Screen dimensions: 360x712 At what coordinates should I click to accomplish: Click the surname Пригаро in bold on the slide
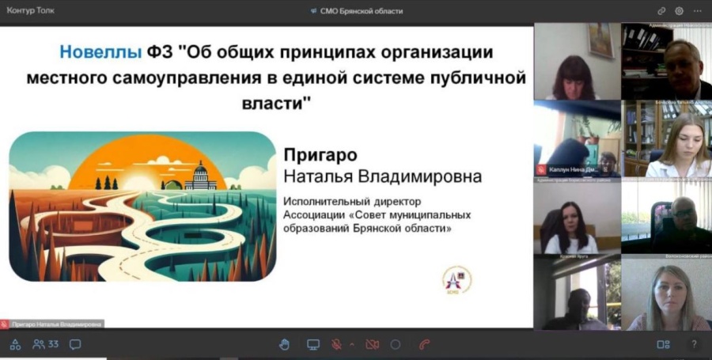coord(320,154)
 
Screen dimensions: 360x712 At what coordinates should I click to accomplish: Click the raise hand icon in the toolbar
coord(285,344)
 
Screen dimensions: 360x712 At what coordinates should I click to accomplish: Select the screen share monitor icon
coord(313,344)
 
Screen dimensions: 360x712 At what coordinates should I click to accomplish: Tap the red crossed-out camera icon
coord(372,344)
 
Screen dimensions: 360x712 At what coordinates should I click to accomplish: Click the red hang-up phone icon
coord(425,344)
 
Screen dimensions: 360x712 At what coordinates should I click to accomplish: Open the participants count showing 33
coord(46,344)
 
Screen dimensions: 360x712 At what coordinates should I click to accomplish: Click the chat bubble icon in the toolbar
coord(75,344)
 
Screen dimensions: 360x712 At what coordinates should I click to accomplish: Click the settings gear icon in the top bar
coord(679,11)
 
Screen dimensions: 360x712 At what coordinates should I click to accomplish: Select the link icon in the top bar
coord(661,11)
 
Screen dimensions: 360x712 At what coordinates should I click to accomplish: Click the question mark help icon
coord(694,344)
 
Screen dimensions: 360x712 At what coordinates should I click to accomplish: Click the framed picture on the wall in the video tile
coord(600,40)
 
